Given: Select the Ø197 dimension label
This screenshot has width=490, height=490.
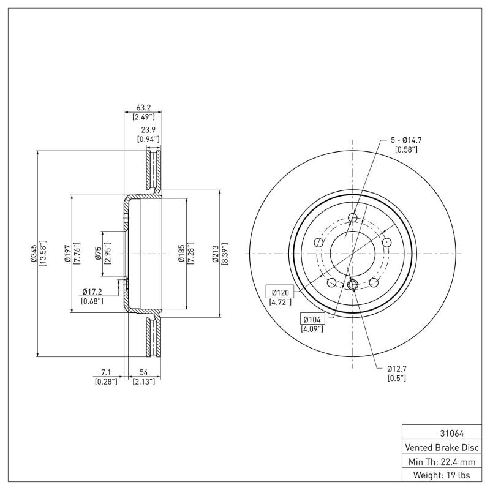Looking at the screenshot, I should tap(68, 254).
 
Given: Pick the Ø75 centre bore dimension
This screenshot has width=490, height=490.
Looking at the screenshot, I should tap(99, 254).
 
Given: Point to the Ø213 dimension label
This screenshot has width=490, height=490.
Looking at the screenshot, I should tap(216, 254).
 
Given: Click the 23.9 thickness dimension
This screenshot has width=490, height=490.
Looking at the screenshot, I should tap(148, 130).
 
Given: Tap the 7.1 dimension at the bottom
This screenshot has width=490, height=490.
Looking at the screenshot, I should tap(105, 372).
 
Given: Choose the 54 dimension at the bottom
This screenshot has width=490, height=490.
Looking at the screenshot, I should tap(143, 372).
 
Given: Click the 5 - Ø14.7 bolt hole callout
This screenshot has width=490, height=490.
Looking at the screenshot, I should tap(407, 140).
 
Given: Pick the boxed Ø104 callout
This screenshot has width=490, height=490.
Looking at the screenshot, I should tap(313, 318).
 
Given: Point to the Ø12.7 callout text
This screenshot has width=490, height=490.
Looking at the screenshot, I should tap(396, 369).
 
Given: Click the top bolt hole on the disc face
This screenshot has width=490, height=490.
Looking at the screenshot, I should tap(353, 217).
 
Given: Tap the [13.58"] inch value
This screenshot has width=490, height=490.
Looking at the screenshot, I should tap(43, 254).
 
